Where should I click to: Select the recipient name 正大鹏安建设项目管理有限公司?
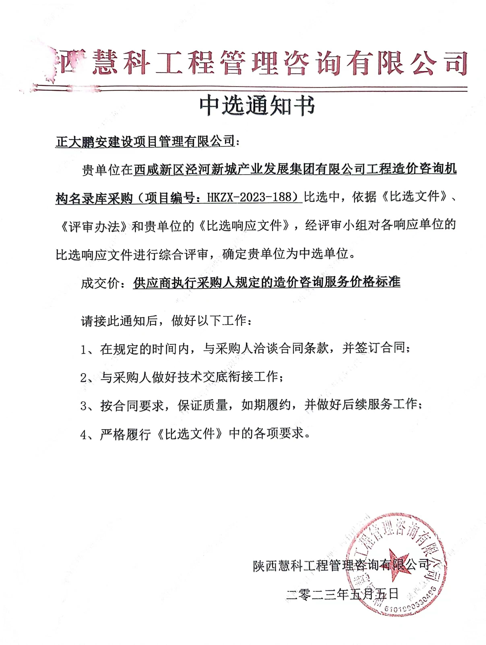145,142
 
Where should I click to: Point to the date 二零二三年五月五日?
342,593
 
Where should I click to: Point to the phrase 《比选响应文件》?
245,226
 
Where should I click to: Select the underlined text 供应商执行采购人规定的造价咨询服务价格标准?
266,282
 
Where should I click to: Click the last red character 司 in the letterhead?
454,63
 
